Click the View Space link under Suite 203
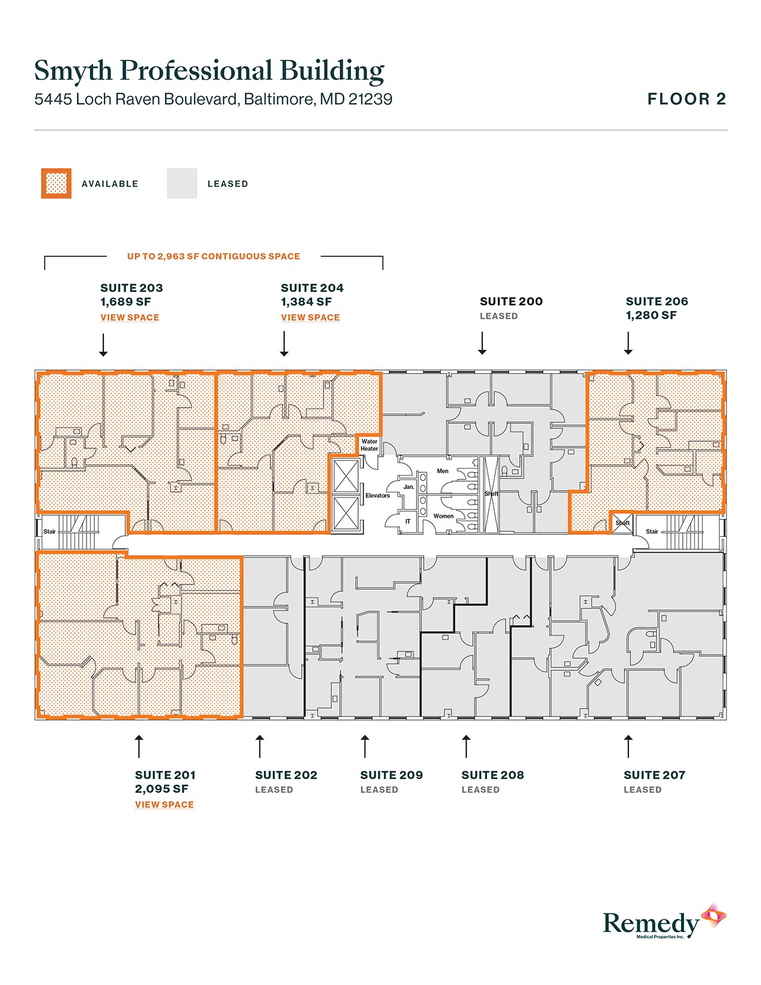(x=130, y=318)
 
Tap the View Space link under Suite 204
(x=310, y=318)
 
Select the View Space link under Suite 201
(x=164, y=805)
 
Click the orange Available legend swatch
(x=56, y=183)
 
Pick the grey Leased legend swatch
(x=182, y=183)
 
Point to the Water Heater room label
(x=369, y=445)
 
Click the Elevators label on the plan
(x=377, y=495)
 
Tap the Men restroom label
(x=442, y=471)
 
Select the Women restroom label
(x=443, y=516)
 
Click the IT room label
(x=408, y=521)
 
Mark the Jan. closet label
(x=408, y=487)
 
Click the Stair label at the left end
(x=50, y=531)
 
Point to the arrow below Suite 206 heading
(x=628, y=343)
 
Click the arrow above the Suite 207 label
(x=628, y=747)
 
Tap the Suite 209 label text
(x=392, y=775)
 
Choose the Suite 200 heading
(x=512, y=301)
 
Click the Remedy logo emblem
(x=713, y=916)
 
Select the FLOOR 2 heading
(x=686, y=99)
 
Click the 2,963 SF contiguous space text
(x=213, y=256)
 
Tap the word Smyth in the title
(x=73, y=70)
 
